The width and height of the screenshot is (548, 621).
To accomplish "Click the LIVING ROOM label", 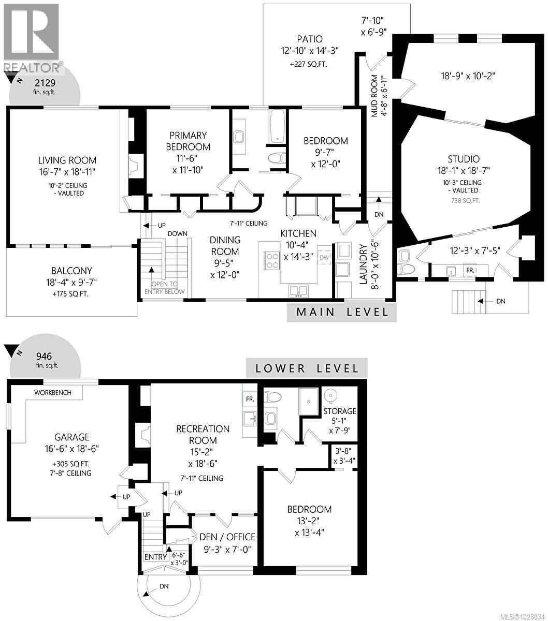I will (x=67, y=160).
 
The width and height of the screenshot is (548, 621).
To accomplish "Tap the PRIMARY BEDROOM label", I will (x=188, y=141).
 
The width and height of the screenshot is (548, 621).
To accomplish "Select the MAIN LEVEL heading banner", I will (x=342, y=312).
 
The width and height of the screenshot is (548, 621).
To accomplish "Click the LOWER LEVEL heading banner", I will (x=307, y=368).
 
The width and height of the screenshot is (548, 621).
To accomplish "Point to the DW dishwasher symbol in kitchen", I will (x=324, y=257).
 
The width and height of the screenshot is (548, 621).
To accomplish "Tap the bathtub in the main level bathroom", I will (x=276, y=126).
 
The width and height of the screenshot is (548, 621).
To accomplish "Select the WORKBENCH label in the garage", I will (x=52, y=393).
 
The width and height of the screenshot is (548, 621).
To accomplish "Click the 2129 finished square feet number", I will (x=45, y=82).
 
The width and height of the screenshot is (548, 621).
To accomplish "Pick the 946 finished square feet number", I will (x=45, y=356).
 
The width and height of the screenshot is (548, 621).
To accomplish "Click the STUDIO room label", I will (x=464, y=159).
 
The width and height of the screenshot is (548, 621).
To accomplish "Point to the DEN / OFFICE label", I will (x=227, y=537).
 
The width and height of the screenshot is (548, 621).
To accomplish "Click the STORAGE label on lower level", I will (x=340, y=411).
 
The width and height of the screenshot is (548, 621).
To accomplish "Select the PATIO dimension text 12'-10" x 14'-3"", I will (x=310, y=52).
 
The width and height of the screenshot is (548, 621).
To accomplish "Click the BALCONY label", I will (x=71, y=271).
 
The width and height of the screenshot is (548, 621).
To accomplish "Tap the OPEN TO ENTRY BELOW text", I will (x=165, y=287).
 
